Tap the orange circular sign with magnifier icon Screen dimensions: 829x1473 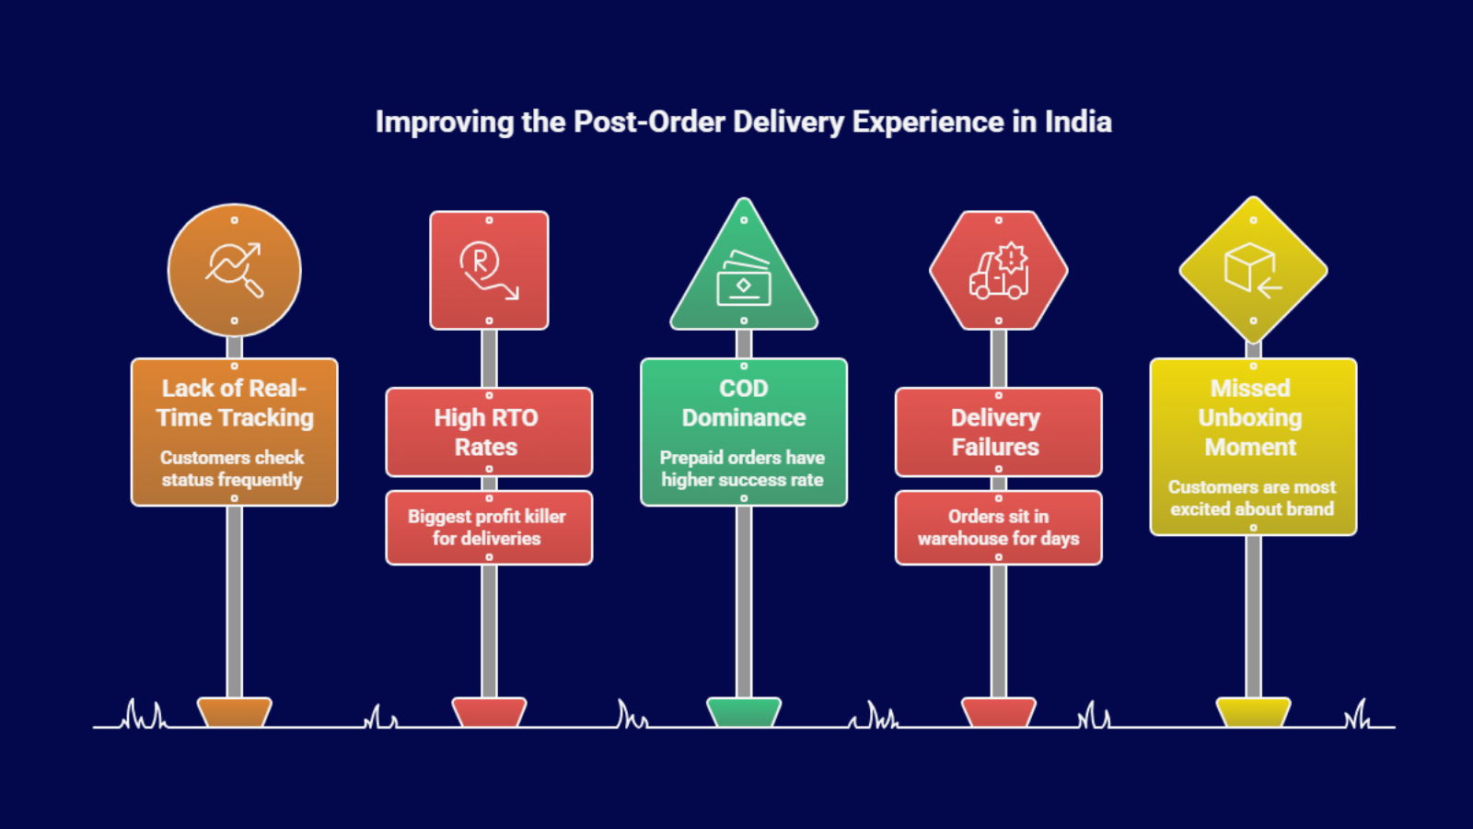(x=234, y=270)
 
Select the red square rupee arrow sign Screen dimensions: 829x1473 (x=489, y=270)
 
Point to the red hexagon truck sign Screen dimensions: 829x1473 (x=998, y=270)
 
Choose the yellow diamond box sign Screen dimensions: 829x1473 (x=1253, y=270)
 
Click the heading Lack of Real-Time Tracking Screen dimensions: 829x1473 (x=234, y=403)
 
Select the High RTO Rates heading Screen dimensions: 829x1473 (x=487, y=432)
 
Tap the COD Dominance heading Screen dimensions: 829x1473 (x=744, y=403)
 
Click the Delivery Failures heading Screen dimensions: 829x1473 (x=996, y=432)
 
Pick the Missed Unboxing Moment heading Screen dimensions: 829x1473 (x=1250, y=417)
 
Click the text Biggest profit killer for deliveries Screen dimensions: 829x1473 (x=487, y=527)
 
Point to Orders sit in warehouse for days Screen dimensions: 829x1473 (x=998, y=527)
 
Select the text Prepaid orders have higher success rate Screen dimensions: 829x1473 (x=742, y=468)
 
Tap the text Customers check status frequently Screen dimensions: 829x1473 (x=232, y=468)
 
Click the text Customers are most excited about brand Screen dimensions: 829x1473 (x=1251, y=497)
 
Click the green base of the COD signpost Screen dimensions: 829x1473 (x=744, y=712)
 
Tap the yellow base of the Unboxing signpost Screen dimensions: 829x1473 (x=1253, y=712)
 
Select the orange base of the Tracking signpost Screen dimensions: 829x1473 (x=234, y=712)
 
